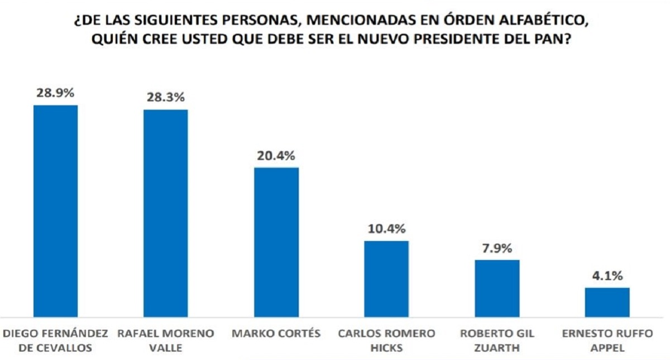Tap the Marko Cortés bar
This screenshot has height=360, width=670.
point(276,242)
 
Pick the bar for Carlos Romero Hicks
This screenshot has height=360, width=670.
point(386,279)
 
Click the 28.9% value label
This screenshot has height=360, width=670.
point(56,93)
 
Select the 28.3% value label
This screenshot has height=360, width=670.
point(166,98)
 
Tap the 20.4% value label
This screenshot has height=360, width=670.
point(276,156)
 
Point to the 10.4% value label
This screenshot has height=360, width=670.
point(386,229)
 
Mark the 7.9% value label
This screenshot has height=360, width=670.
point(497,248)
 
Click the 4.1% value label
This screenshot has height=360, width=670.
point(607,276)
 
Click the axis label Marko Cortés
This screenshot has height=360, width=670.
point(276,334)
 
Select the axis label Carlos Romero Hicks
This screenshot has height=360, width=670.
point(386,339)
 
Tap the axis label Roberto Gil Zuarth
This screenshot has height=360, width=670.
point(497,339)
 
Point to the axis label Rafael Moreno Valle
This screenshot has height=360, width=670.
point(166,339)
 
